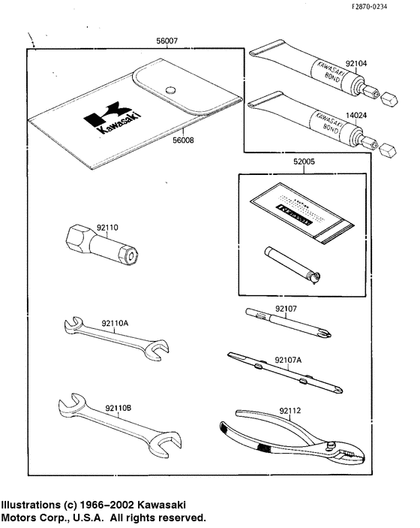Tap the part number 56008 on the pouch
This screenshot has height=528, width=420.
(177, 139)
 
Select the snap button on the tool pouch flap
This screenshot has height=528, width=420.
(171, 89)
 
